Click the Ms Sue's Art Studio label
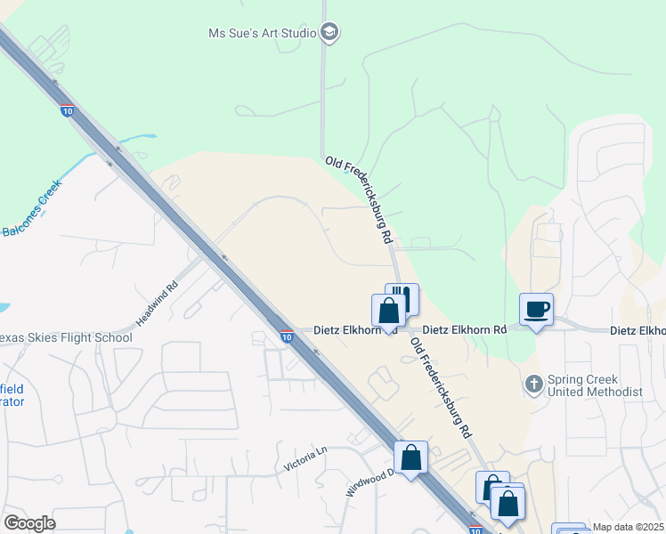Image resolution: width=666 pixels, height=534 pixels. pos(262,33)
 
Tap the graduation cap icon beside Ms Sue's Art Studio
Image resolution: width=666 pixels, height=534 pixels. pos(330,33)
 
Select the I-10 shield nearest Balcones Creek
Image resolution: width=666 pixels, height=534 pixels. pos(68,112)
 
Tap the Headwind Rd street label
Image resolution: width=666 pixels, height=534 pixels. pos(158,302)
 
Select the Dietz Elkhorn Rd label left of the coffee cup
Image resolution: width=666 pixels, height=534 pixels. pos(464,329)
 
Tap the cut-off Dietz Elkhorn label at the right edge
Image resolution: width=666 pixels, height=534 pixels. pos(638,330)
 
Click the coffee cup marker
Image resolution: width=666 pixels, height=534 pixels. pos(537,311)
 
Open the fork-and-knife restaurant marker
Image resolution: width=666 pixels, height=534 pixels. pos(402,297)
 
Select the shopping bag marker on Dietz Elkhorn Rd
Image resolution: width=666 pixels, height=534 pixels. pos(388,311)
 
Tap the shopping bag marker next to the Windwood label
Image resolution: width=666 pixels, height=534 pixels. pos(411,458)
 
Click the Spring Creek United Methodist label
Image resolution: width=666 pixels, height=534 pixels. pos(595,385)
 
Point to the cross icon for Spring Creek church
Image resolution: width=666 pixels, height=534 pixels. pos(534,384)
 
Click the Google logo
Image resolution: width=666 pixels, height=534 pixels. pos(29,523)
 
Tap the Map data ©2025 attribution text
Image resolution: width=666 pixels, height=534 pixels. pos(628,527)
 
